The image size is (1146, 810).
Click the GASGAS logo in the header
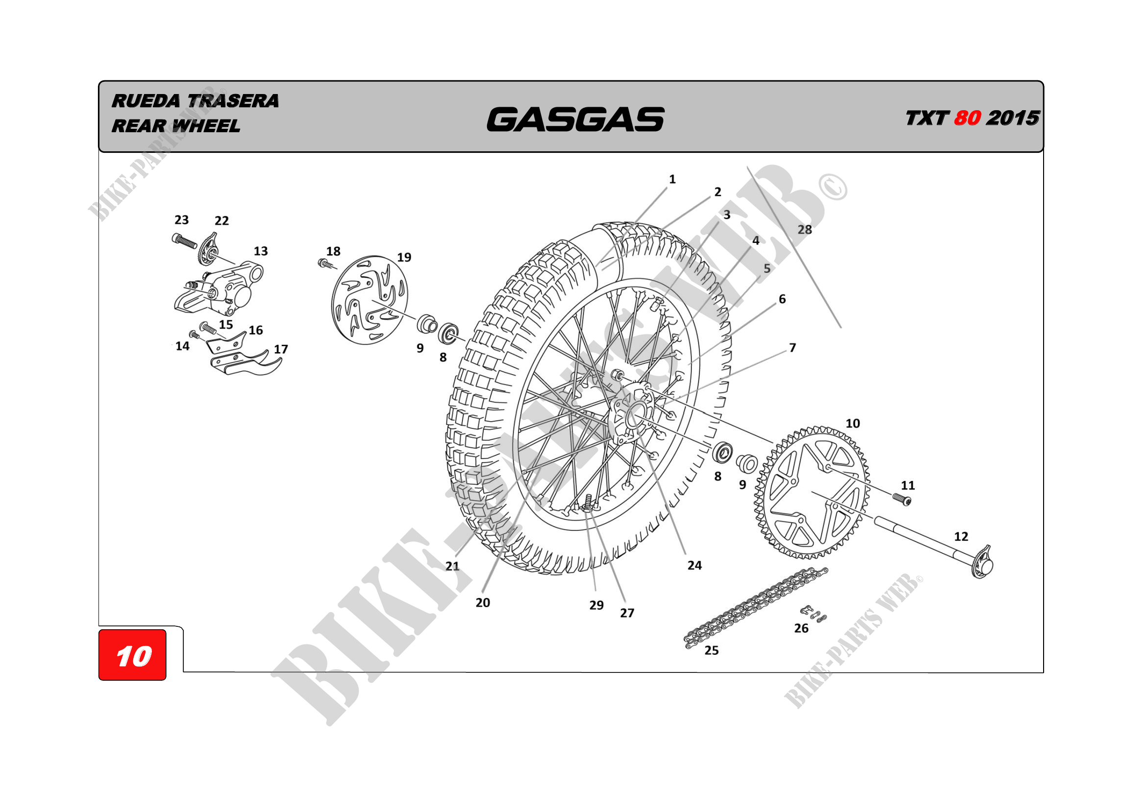[576, 119]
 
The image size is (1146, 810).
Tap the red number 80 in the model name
[967, 118]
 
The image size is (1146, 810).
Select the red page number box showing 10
[132, 655]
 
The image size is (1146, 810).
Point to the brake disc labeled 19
[369, 300]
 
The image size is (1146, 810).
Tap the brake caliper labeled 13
[219, 290]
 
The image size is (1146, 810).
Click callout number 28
[805, 229]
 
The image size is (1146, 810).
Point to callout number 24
[694, 565]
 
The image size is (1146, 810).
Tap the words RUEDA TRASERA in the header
[195, 101]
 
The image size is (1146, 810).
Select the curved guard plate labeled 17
[246, 362]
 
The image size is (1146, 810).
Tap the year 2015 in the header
[1013, 118]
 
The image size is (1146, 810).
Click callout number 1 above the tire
[672, 179]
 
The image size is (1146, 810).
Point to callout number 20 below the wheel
[483, 602]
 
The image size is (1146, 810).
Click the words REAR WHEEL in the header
[176, 126]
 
